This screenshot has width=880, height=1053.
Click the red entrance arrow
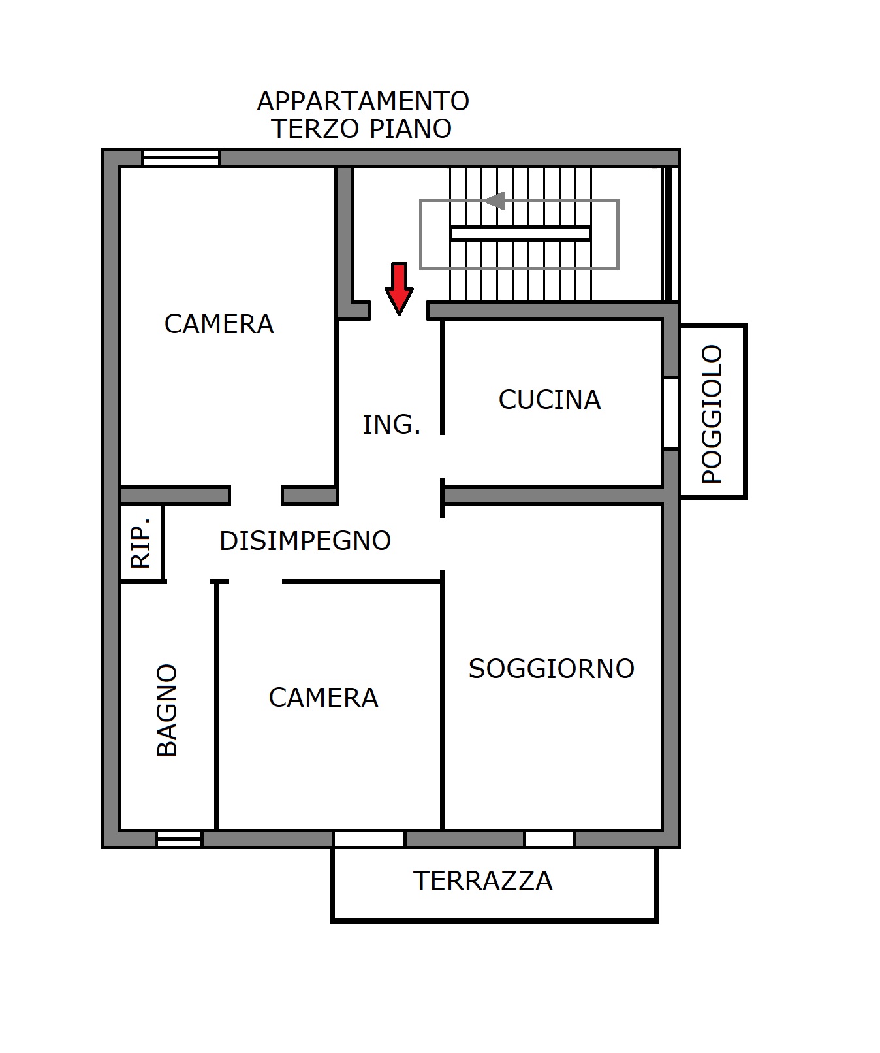(399, 288)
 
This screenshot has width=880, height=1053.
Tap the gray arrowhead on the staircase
(494, 201)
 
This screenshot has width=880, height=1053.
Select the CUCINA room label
(550, 400)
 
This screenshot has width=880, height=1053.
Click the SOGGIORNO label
(552, 669)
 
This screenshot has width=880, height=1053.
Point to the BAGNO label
(168, 710)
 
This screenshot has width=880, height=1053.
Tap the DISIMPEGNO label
(305, 541)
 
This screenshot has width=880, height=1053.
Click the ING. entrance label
(392, 425)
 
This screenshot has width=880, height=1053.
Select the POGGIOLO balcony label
(712, 414)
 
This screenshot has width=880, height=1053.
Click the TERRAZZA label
(483, 881)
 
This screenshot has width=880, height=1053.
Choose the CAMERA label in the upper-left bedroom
(219, 324)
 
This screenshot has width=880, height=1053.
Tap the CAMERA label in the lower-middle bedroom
(323, 698)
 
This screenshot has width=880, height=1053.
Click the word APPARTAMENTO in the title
(363, 101)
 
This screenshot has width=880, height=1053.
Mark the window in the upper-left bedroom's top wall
(181, 157)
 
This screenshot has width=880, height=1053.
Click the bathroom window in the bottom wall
(179, 839)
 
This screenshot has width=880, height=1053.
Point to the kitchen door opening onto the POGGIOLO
(671, 413)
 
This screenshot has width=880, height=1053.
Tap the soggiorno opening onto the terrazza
(549, 839)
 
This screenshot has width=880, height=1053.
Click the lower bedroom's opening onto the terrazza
(369, 839)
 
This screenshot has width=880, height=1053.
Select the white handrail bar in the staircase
(520, 233)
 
